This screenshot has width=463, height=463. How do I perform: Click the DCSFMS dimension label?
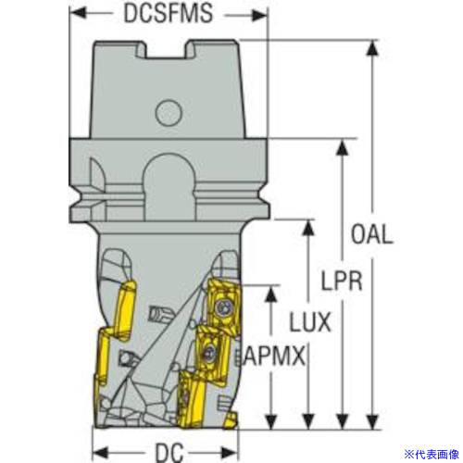(x=169, y=13)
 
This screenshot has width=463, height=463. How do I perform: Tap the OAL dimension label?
(x=372, y=234)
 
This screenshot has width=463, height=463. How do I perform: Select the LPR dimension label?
(x=342, y=281)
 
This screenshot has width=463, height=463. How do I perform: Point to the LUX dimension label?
(x=310, y=322)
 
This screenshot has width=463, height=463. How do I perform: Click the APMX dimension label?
(x=274, y=356)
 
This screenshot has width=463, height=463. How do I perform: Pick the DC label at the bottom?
(x=169, y=453)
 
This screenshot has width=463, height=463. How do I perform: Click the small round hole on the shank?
(x=169, y=112)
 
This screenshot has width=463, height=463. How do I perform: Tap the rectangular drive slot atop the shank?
(x=167, y=49)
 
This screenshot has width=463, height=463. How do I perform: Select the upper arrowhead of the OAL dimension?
(x=373, y=48)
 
